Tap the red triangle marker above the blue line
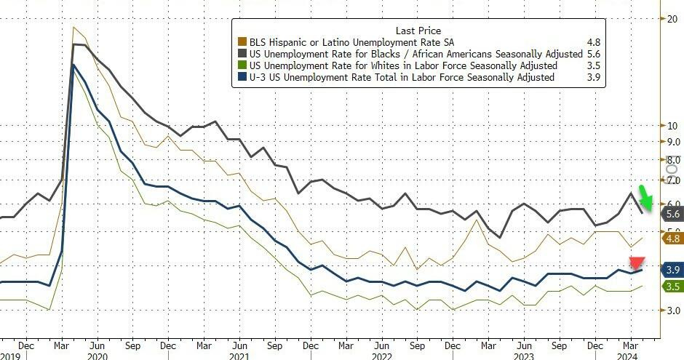click(637, 263)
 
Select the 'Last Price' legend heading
click(416, 30)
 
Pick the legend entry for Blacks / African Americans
click(415, 54)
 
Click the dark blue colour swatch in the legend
click(243, 77)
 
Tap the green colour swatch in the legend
click(243, 65)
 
